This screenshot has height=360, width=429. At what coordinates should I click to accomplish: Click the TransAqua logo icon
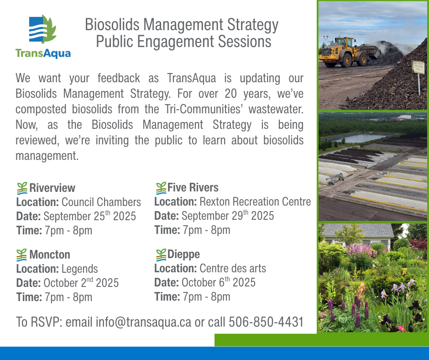pos(43,29)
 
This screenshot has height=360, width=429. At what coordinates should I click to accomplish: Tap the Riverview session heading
pos(52,188)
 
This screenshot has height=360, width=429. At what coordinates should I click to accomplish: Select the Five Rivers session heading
pos(193,188)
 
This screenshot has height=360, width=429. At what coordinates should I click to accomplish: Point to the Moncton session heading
pos(50,254)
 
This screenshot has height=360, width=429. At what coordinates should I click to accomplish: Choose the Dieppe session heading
pos(183,254)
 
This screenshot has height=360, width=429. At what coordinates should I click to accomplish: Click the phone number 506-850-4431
pos(266,322)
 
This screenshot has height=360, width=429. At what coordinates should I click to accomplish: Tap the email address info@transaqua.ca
pos(143,322)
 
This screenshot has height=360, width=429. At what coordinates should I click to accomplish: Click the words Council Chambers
pos(101,202)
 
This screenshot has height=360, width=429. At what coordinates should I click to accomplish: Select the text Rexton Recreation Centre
pos(255,201)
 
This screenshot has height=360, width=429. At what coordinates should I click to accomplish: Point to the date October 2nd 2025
pos(81,282)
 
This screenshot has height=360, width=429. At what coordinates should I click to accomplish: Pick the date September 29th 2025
pos(228,215)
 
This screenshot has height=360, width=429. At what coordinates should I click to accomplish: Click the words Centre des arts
pos(233,269)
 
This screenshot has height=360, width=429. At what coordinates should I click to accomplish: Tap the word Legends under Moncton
pos(79,269)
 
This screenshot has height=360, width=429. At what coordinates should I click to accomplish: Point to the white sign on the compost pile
pos(418,67)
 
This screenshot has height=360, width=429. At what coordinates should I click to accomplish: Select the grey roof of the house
pos(358,230)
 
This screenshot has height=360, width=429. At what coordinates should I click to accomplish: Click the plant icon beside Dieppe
pos(161,255)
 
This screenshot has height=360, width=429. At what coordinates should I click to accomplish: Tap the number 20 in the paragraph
pos(230,94)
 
